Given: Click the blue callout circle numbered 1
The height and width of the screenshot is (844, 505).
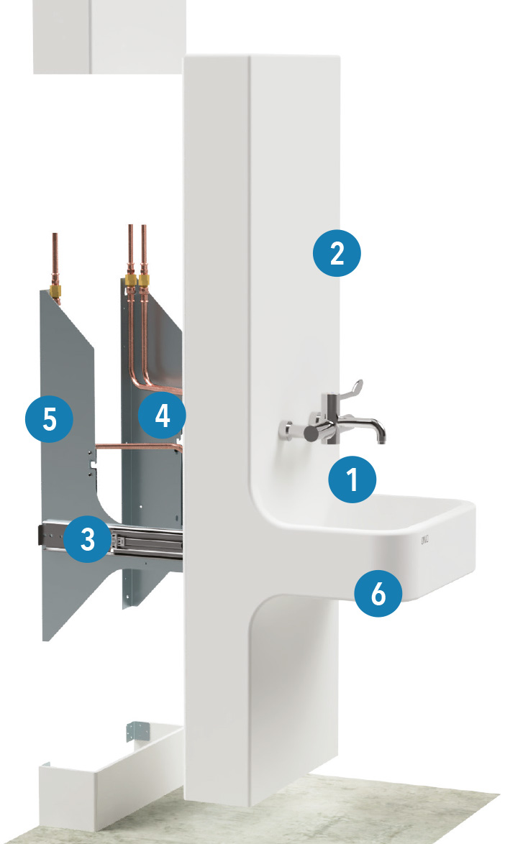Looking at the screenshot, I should point(352,480).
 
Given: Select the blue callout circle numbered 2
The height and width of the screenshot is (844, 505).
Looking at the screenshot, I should point(336,253).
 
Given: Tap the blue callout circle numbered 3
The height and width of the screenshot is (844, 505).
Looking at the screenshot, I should point(87,540).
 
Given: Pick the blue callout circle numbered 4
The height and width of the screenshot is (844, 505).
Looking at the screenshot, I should point(163,416).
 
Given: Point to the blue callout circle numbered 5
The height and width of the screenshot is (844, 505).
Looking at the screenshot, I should point(49,418).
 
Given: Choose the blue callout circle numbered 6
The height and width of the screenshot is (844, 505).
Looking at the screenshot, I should point(378,593).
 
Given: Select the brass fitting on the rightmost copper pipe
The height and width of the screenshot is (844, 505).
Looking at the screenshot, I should point(145,280).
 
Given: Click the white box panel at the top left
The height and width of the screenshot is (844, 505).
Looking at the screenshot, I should point(108,36).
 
